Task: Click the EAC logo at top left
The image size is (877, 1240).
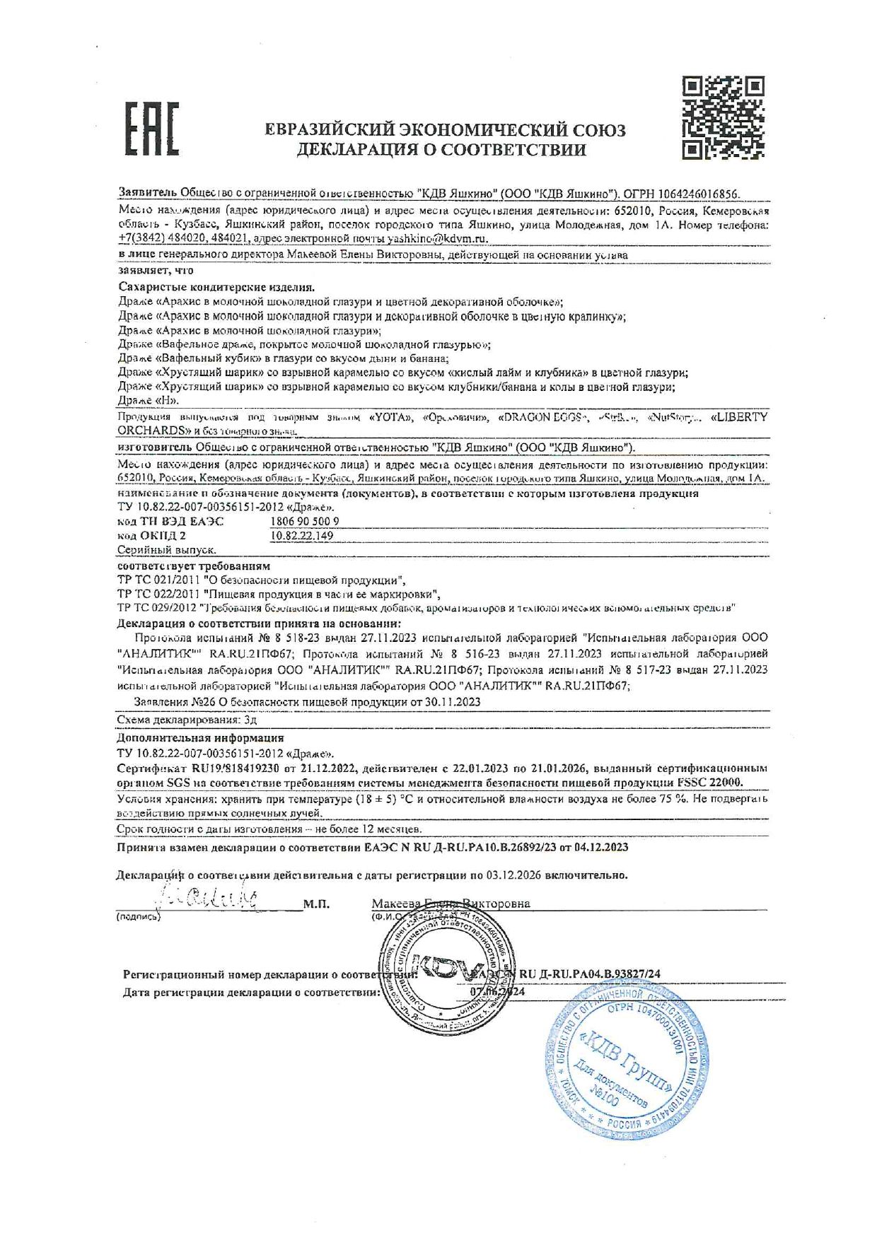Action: click(x=152, y=129)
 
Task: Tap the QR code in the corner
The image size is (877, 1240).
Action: click(x=723, y=117)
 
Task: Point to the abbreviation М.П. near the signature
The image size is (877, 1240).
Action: click(x=316, y=903)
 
